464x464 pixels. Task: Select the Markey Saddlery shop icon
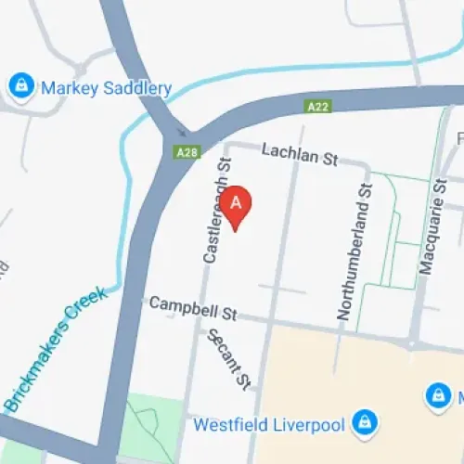coord(19,87)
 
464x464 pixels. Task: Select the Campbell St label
coord(193,307)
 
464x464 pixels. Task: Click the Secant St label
coord(229,358)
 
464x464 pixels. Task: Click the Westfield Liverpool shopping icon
coord(366,422)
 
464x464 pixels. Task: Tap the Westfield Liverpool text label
coord(268,426)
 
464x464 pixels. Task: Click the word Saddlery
coord(136,89)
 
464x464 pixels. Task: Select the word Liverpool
coord(309,426)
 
